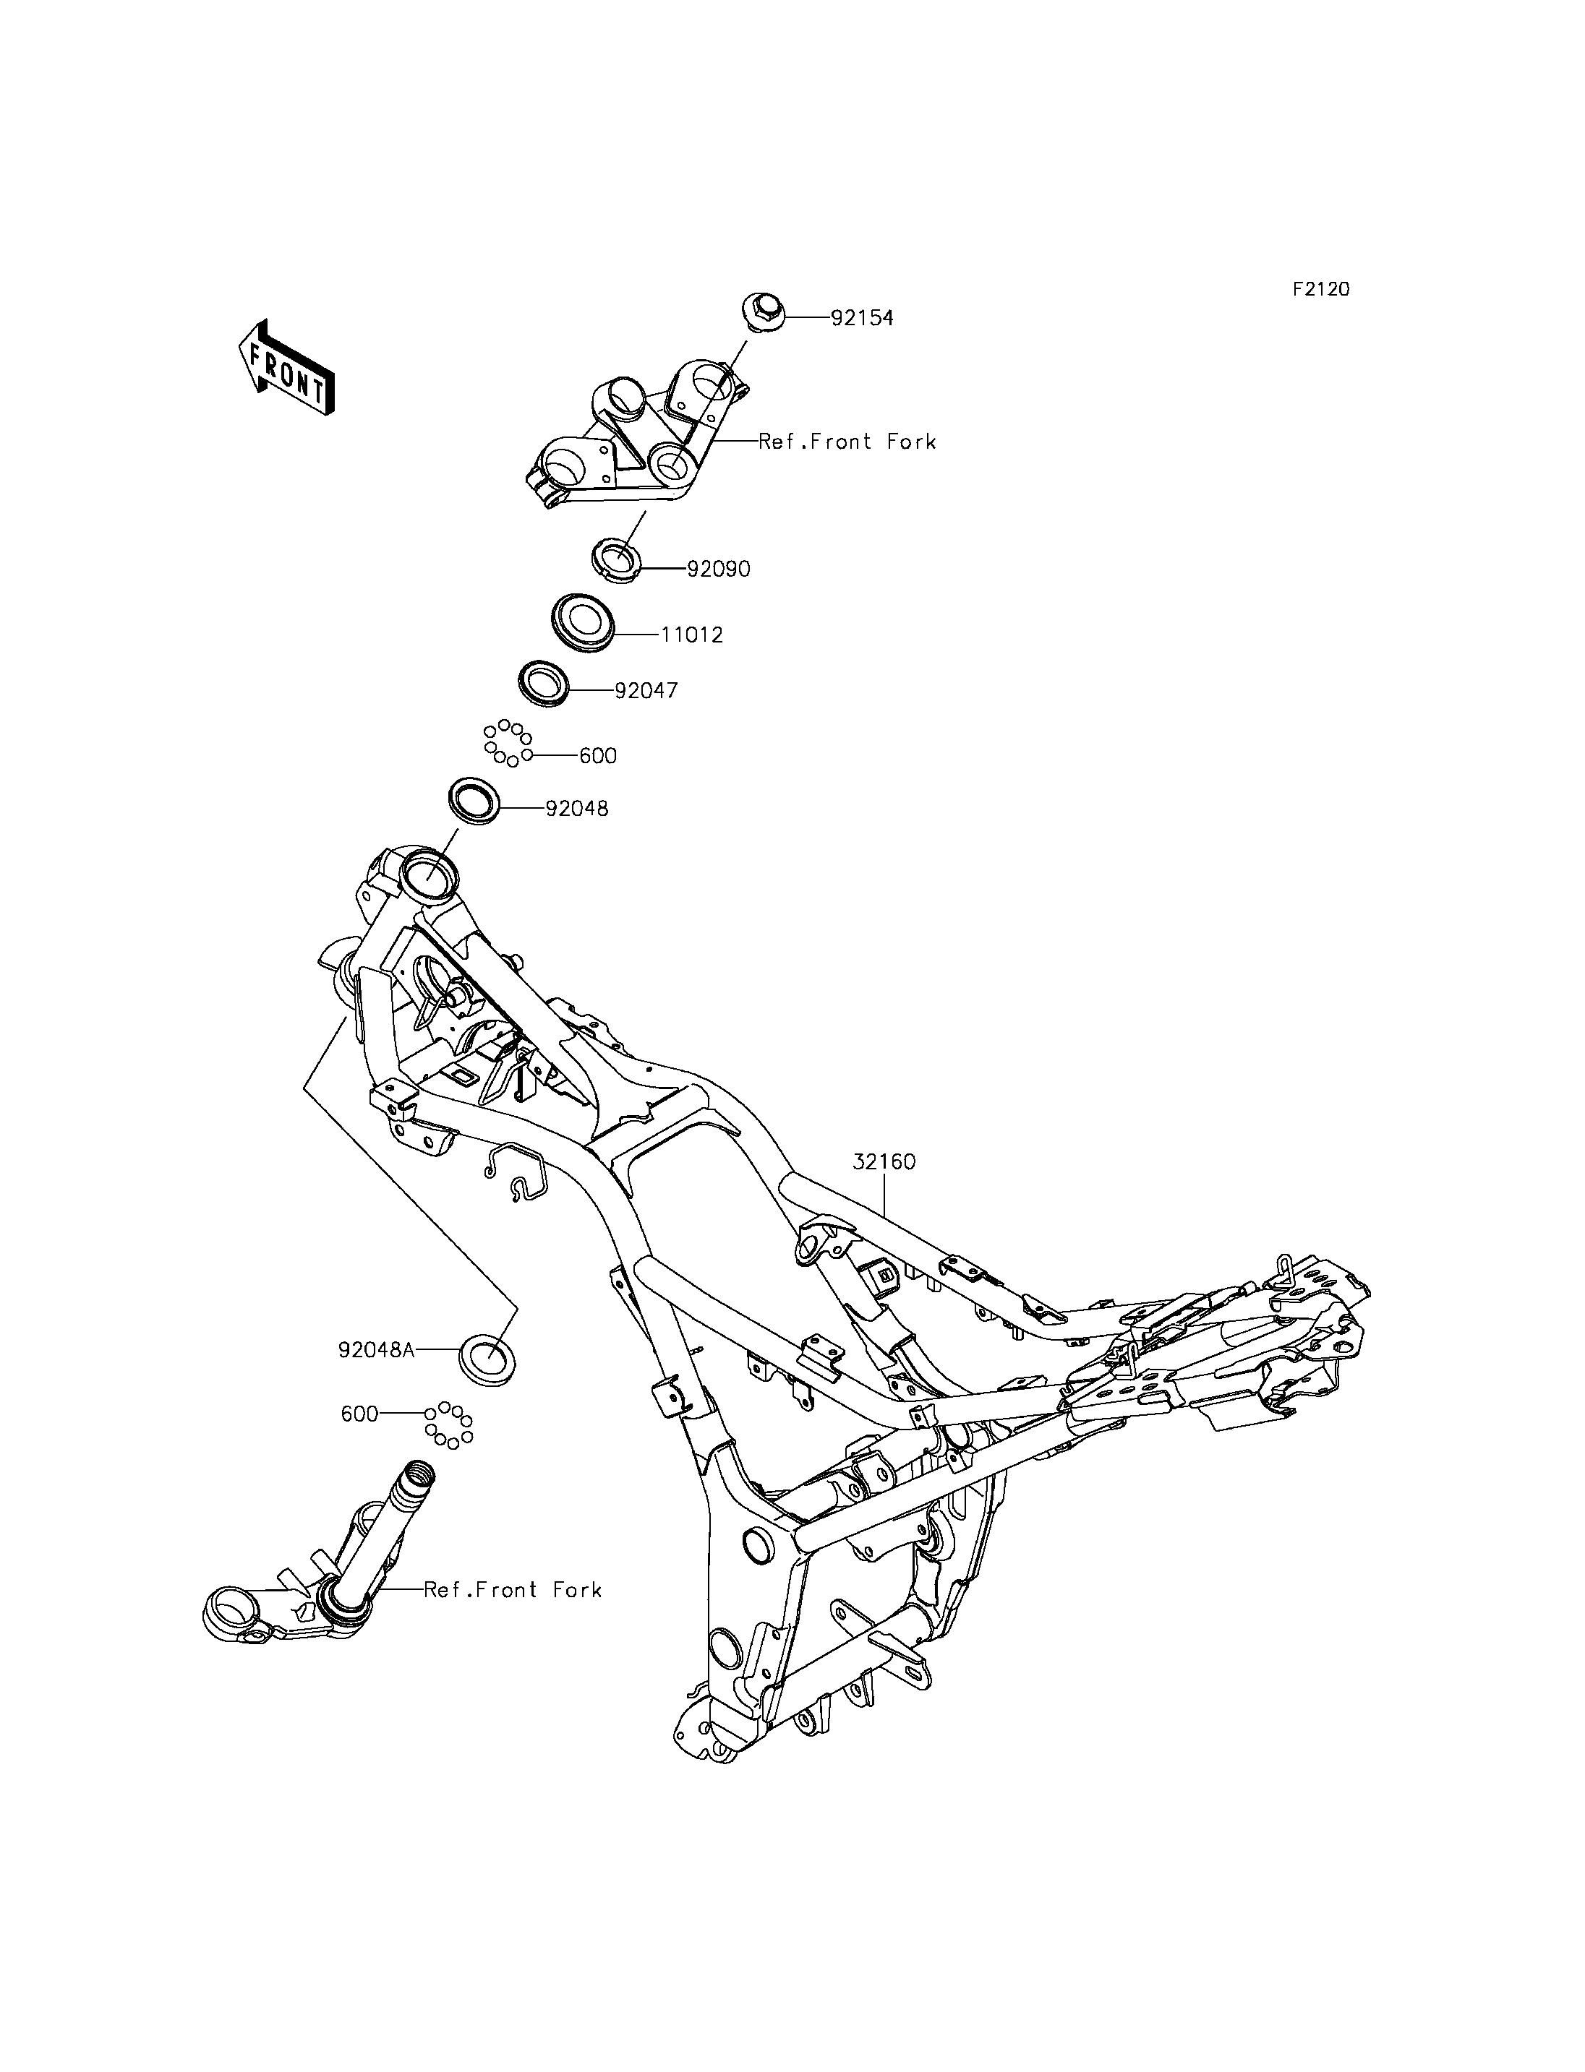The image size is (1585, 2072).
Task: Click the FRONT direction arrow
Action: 286,369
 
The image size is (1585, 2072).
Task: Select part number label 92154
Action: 863,318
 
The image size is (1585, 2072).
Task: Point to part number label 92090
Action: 719,569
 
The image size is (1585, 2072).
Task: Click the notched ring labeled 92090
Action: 616,557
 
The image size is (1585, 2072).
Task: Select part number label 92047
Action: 646,690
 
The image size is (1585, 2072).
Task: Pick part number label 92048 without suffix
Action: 578,808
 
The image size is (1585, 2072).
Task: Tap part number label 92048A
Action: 377,1349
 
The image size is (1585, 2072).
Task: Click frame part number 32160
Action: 884,1162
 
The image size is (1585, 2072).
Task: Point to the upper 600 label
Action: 598,755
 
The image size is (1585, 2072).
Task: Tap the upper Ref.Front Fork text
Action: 847,442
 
